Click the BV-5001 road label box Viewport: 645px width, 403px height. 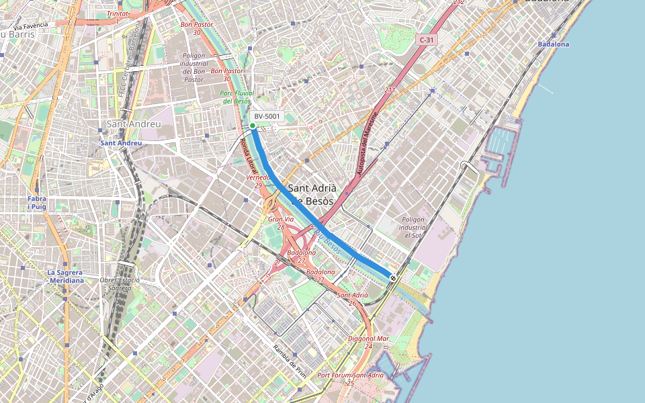pos(267,116)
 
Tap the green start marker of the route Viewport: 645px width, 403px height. pos(253,126)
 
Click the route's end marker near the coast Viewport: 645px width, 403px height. pos(393,277)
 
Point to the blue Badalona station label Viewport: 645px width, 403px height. pos(553,44)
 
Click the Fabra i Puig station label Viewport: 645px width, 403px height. pos(37,204)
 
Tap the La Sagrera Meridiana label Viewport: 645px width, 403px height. pos(65,276)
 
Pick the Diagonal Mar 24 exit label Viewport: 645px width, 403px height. pos(369,342)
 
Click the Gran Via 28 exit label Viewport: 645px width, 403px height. pos(281,223)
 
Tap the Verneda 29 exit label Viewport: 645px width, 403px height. pos(258,181)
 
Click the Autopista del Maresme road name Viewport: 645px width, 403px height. pos(368,143)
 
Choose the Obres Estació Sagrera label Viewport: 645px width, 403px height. pos(119,283)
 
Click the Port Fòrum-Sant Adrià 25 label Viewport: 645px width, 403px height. pos(350,378)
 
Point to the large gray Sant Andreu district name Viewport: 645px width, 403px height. pos(134,125)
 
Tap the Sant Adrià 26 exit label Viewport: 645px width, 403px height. pos(353,299)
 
